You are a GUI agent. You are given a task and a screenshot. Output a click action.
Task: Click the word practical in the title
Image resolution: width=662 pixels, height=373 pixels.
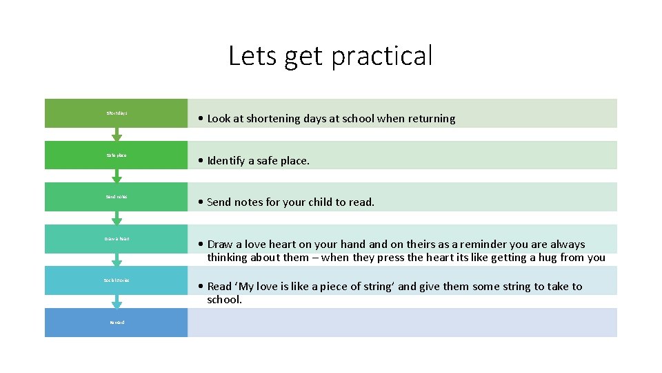381,56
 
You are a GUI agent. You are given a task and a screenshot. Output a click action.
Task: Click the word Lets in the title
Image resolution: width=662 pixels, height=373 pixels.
250,56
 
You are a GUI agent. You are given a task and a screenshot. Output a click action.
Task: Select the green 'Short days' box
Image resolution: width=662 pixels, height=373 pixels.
116,113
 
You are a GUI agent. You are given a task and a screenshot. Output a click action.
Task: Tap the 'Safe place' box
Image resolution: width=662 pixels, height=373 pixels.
116,155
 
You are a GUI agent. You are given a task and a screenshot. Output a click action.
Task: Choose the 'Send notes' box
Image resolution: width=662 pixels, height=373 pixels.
116,197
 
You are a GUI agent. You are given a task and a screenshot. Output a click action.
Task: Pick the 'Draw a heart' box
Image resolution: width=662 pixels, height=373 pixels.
116,239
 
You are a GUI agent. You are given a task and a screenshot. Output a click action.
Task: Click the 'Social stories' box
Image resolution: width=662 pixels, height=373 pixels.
116,280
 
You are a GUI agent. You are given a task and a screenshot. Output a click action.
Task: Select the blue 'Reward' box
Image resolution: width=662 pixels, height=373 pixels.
116,323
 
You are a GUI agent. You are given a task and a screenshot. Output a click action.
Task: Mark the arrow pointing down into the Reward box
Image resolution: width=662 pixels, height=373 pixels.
117,302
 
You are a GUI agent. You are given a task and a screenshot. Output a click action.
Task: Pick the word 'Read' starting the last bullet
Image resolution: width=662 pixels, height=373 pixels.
220,286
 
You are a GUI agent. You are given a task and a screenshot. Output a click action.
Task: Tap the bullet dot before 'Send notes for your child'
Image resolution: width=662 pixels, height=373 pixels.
199,202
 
